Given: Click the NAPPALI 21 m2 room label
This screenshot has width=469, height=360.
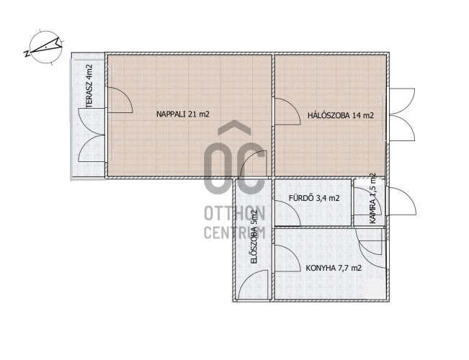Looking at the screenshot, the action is tap(183, 114).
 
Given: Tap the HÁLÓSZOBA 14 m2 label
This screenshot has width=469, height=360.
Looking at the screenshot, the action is tap(341, 115).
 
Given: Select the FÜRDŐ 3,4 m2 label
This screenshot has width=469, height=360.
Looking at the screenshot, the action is tap(314, 198).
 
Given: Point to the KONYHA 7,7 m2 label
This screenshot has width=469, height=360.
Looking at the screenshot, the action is tap(334, 268).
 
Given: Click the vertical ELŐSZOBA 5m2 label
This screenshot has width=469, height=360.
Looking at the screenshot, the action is tap(254, 237).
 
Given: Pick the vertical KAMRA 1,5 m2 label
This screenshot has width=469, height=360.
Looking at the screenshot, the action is tap(372, 198).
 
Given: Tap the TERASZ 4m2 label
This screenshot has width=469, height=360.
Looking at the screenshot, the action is tap(89, 86).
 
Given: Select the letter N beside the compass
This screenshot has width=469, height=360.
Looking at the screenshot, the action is tap(27, 53).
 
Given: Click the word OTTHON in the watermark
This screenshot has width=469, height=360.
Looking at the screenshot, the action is tap(235, 214).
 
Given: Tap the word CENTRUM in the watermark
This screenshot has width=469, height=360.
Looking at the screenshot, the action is tap(235, 233).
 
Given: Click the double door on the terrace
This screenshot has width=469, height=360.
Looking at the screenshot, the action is tap(91, 135).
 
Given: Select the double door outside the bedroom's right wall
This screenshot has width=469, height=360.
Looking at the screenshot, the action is tap(402, 114).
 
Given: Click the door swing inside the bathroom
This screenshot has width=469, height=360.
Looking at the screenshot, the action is tap(287, 213).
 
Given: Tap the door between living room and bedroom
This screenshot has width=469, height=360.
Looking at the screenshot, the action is tap(287, 111).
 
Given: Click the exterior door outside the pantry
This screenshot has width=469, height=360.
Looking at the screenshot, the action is tap(402, 201).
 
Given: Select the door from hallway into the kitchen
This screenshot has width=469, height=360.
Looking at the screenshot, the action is tap(287, 258).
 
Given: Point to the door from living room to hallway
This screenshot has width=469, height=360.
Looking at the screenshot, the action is tap(254, 163).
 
